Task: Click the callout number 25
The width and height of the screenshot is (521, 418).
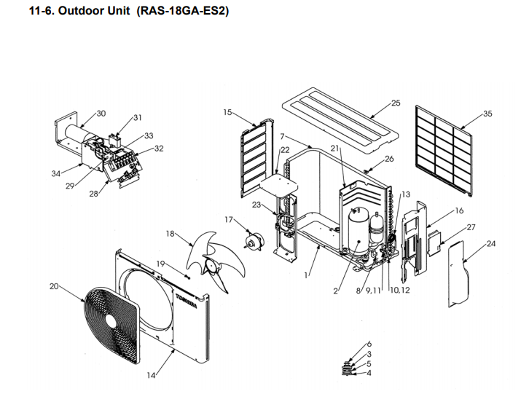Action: [x=396, y=103]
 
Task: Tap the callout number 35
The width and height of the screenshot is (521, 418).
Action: [x=487, y=114]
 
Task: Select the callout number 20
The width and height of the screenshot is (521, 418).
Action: [x=54, y=286]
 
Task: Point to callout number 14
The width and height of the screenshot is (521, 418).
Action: [x=152, y=375]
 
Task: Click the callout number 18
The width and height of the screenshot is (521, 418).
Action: [x=171, y=234]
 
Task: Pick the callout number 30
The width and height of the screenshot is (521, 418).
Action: [x=101, y=113]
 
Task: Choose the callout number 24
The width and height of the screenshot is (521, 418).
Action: [x=490, y=243]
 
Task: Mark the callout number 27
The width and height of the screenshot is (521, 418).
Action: [x=471, y=227]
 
